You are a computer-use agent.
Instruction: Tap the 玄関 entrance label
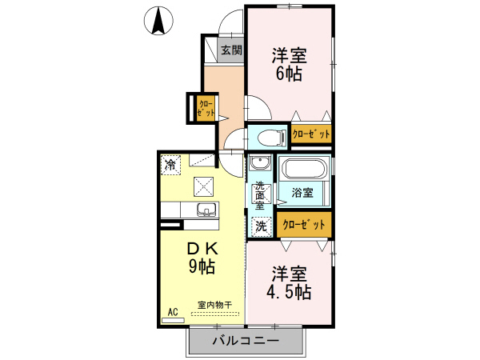point(231,50)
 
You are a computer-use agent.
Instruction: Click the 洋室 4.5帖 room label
point(289,281)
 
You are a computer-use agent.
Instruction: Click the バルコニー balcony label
point(246,342)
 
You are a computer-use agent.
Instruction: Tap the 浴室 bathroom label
point(302,193)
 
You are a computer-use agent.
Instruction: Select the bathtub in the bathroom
point(303,170)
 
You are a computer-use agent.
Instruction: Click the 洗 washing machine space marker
point(261,226)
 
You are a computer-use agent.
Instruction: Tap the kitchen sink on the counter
point(206,210)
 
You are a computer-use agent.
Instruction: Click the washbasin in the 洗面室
point(259,165)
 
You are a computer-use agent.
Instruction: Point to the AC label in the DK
point(172,312)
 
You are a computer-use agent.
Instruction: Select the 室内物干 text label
point(215,305)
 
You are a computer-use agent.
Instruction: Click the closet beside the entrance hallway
point(205,108)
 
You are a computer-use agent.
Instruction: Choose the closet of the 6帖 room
point(310,134)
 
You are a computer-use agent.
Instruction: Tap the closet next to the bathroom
point(304,225)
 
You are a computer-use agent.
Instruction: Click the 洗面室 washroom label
point(260,197)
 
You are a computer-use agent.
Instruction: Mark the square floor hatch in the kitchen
point(203,186)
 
